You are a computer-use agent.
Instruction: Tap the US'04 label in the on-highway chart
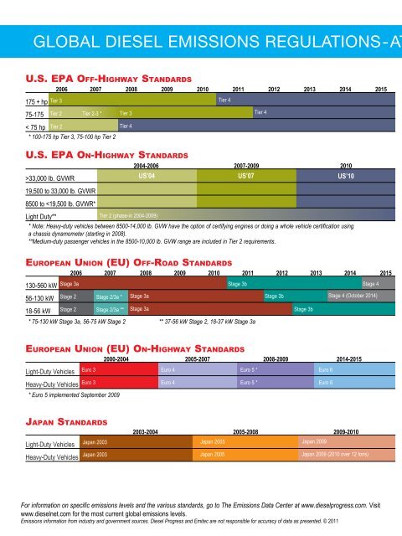point(146,177)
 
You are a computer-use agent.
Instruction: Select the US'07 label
point(246,177)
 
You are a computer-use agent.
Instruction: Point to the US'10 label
point(346,177)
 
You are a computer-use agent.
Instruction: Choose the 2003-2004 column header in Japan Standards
point(151,430)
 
